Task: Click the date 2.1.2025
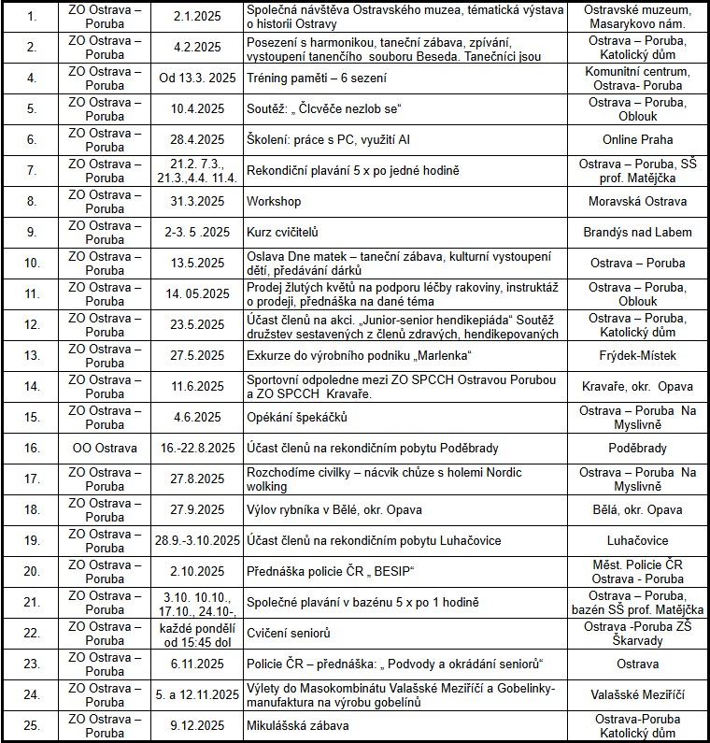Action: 197,16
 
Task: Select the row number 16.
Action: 32,448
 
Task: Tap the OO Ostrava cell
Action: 105,448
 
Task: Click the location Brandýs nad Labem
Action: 637,232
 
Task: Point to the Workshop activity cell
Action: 274,201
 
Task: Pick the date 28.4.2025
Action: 197,139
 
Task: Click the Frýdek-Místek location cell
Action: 637,355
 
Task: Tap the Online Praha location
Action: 637,139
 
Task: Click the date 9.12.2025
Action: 197,725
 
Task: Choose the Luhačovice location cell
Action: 637,540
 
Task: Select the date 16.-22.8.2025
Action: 197,448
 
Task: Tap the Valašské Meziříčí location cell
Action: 637,694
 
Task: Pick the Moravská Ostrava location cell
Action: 637,201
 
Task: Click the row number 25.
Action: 32,725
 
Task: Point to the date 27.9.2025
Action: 197,509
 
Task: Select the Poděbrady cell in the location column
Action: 637,448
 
